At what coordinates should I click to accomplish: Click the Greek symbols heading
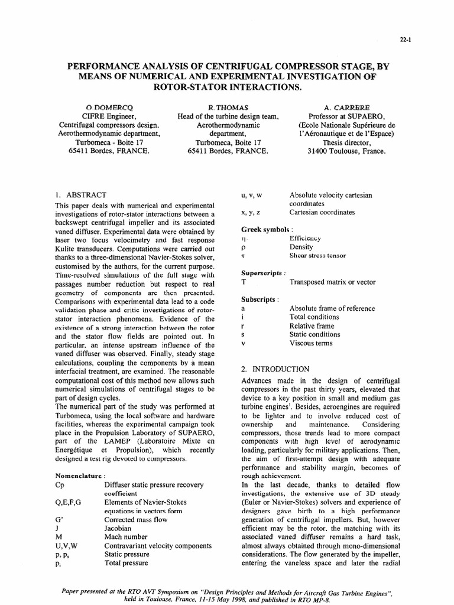[267, 229]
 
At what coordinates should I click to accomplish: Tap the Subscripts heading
[260, 300]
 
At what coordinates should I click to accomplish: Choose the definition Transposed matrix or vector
[336, 282]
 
